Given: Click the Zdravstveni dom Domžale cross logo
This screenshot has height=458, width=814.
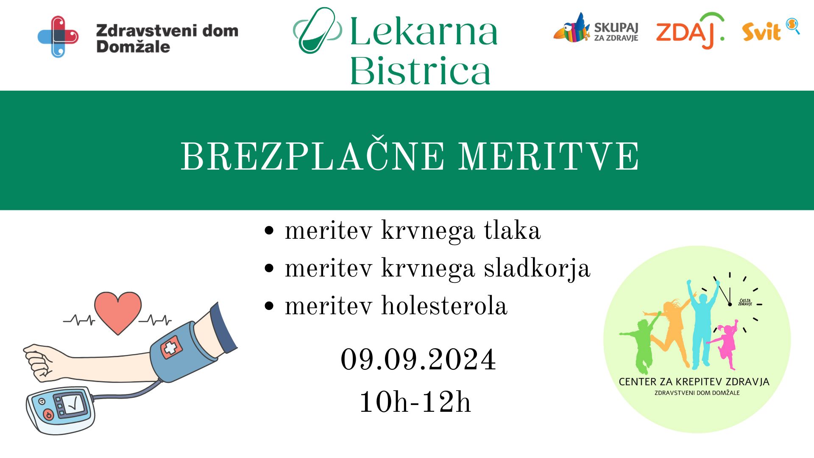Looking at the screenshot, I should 58,36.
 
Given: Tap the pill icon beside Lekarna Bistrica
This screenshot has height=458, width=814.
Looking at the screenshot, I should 317,31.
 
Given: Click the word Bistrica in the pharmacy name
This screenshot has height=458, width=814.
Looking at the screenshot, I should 420,71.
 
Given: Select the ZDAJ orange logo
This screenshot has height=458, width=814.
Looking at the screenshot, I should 689,31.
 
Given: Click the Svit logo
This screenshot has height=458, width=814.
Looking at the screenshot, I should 761,32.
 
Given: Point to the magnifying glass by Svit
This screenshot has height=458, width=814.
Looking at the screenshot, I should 792,25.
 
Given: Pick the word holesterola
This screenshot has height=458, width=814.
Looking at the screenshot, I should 444,306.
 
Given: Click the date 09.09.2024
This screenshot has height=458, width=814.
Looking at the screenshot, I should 418,360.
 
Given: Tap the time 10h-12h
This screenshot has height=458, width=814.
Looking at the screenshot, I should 415,402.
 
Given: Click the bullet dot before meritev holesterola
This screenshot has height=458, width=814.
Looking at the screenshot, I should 269,306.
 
